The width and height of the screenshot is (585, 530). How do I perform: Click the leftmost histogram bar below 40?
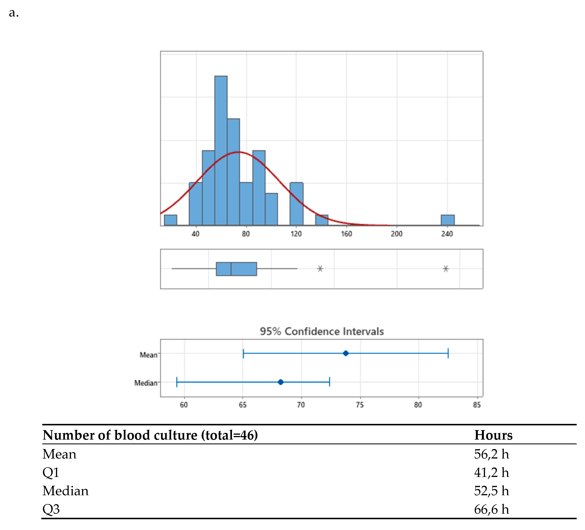click(x=170, y=220)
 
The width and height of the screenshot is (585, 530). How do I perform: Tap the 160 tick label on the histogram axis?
click(x=346, y=234)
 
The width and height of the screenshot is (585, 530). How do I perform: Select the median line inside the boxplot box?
click(x=231, y=269)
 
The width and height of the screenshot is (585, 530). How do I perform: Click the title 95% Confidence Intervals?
click(x=322, y=331)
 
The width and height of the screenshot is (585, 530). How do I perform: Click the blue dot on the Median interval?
click(x=280, y=382)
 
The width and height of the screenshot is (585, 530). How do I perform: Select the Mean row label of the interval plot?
click(x=148, y=355)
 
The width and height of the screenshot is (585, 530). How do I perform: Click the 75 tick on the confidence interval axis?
click(x=360, y=405)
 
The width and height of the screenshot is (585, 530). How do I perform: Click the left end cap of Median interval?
click(x=177, y=382)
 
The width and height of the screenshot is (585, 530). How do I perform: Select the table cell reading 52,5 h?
click(x=491, y=491)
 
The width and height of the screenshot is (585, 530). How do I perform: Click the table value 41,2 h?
click(x=491, y=473)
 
